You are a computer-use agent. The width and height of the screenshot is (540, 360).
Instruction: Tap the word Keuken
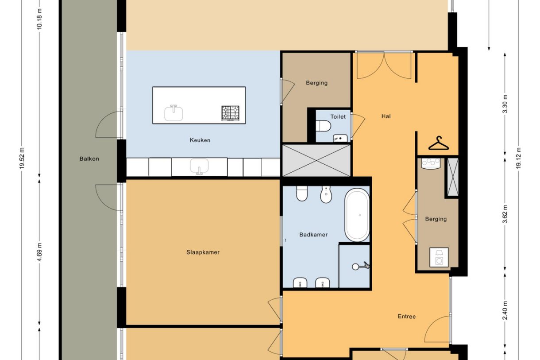click(200, 140)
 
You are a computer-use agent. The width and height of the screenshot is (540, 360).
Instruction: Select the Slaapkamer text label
click(203, 252)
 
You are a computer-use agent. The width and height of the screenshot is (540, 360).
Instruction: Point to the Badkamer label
click(313, 235)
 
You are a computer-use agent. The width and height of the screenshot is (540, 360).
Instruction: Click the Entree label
click(406, 317)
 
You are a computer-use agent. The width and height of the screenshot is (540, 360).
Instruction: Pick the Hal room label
click(386, 116)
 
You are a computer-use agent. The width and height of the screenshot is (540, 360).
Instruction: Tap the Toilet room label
click(338, 117)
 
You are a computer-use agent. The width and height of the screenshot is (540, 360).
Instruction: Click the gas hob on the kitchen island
click(230, 113)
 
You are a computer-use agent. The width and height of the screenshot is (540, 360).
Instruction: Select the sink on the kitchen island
click(174, 113)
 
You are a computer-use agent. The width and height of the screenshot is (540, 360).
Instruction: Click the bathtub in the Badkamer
click(357, 215)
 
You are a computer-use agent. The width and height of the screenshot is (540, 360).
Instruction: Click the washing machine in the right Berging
click(439, 257)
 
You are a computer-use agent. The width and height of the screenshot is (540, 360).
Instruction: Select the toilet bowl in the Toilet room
click(323, 127)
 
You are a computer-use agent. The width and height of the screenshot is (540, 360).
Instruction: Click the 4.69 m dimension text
click(39, 252)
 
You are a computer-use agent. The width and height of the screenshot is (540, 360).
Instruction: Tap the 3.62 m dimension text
click(505, 214)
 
